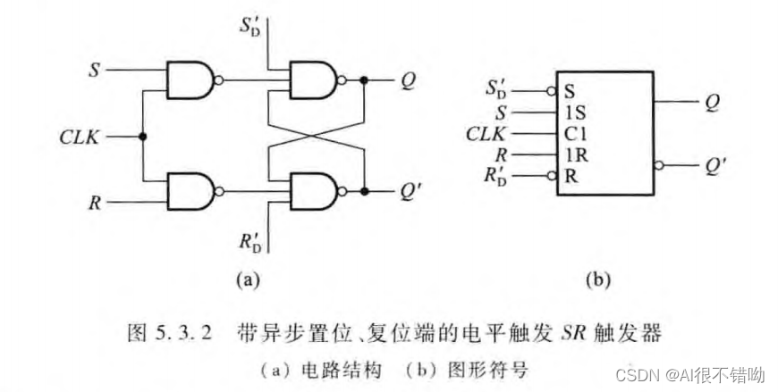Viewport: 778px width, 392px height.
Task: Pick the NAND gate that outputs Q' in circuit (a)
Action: click(x=309, y=189)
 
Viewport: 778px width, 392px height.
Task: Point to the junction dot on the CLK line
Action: click(x=143, y=138)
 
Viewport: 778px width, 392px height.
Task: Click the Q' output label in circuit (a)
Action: click(x=410, y=190)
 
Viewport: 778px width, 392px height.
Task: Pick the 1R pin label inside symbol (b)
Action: click(x=573, y=154)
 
